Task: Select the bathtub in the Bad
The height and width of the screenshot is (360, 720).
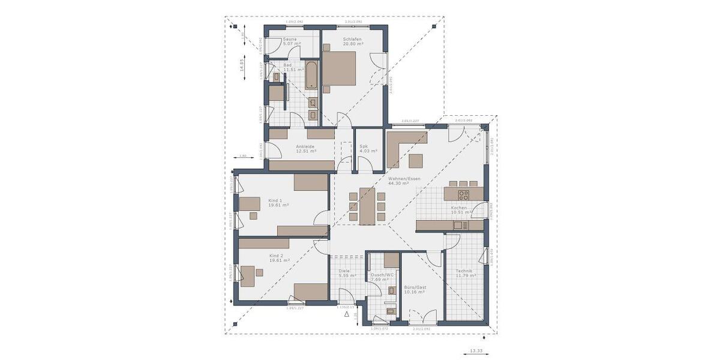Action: [x=311, y=75]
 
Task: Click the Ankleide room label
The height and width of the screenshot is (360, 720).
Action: [x=305, y=149]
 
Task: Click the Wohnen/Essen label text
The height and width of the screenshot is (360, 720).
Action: [x=404, y=181]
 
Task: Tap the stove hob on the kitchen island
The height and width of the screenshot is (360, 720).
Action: [x=464, y=194]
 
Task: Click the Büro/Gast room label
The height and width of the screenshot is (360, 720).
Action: [x=414, y=289]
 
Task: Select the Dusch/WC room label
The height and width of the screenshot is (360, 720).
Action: [x=382, y=277]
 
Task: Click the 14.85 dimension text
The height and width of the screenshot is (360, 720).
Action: [x=241, y=65]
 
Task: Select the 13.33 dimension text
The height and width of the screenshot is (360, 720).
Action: [x=475, y=350]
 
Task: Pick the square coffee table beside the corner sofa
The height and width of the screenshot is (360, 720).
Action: [x=416, y=161]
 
